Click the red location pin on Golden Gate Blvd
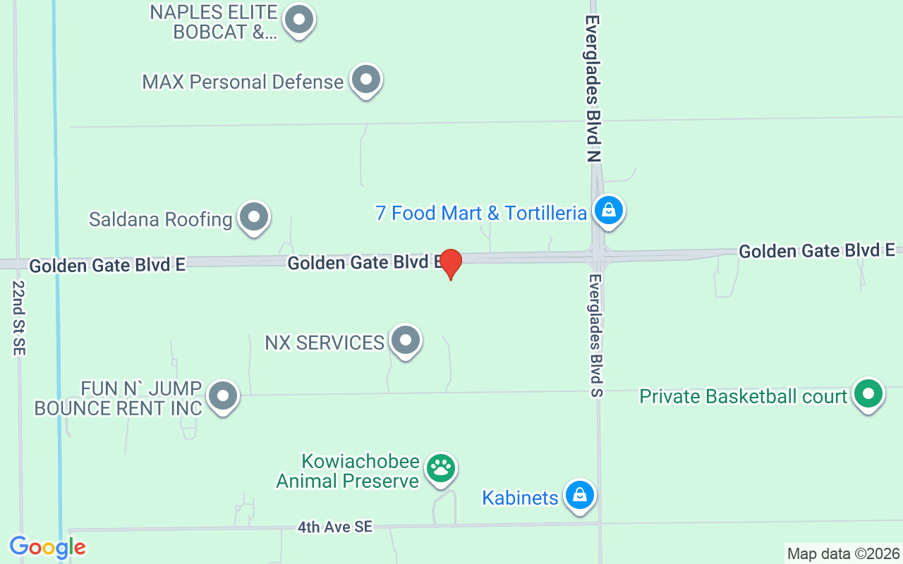tap(450, 264)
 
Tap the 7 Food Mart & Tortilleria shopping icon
tap(607, 210)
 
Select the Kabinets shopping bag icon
tap(579, 495)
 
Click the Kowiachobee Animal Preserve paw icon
tap(441, 467)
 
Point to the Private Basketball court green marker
tap(868, 393)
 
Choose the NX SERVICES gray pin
tap(405, 341)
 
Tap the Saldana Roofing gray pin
tap(254, 217)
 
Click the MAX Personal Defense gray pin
tap(365, 80)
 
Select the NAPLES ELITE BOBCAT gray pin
tap(299, 20)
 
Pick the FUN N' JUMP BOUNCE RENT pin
tap(224, 396)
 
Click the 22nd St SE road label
tap(18, 318)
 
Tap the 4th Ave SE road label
tap(334, 527)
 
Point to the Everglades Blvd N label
tap(593, 89)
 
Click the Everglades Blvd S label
tap(596, 336)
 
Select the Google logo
tap(47, 547)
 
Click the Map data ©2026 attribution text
tap(844, 553)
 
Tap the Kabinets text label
tap(520, 498)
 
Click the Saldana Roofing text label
tap(160, 219)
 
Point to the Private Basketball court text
tap(743, 396)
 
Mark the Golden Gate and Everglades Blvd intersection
tap(598, 255)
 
